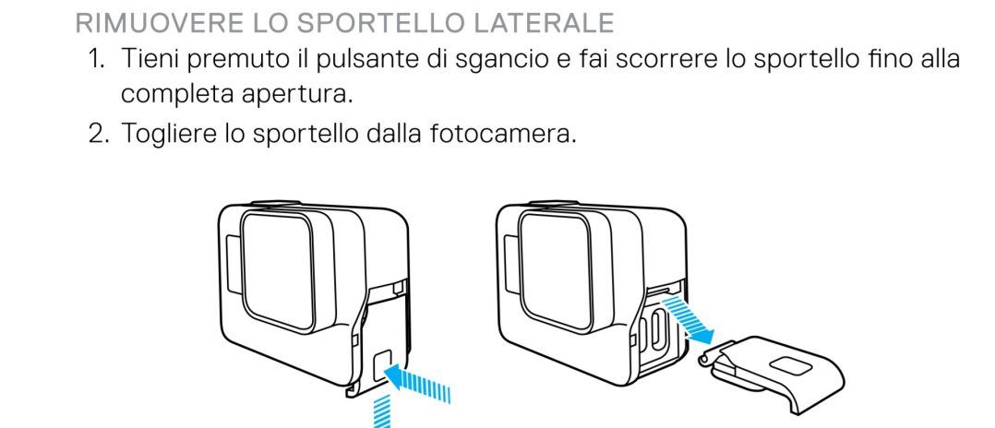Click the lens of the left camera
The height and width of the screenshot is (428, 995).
278,272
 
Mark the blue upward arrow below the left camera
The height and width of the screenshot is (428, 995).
381,411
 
